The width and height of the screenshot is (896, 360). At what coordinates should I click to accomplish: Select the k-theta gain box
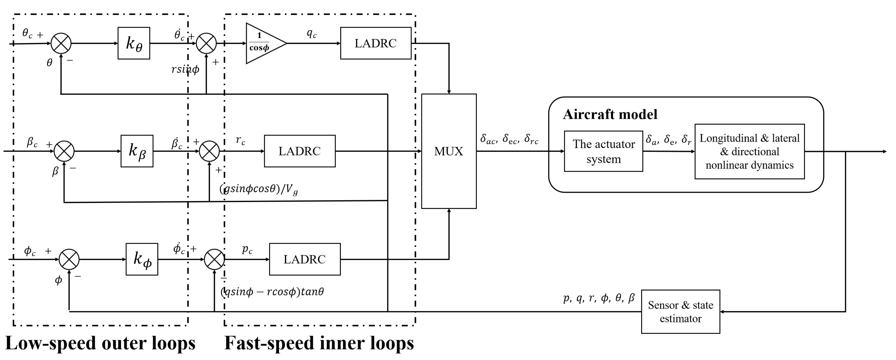[x=134, y=43]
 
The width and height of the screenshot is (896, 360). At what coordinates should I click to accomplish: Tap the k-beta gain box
[x=137, y=151]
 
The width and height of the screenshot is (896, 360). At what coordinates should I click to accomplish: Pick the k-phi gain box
[x=142, y=259]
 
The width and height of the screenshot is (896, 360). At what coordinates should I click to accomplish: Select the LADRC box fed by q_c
[x=376, y=43]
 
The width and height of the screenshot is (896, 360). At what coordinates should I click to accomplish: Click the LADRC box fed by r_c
[x=299, y=151]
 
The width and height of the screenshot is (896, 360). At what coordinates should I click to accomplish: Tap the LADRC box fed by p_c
[x=305, y=259]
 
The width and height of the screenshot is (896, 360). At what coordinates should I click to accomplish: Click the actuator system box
[x=603, y=151]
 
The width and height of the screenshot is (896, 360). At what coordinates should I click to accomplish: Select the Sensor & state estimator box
[x=680, y=312]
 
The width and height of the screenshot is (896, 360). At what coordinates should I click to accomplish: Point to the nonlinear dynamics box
[x=750, y=151]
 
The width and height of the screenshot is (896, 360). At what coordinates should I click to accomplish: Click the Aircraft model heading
[x=610, y=114]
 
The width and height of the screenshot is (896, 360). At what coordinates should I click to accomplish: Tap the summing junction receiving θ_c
[x=61, y=43]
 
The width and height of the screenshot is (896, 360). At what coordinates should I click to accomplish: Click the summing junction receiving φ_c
[x=69, y=259]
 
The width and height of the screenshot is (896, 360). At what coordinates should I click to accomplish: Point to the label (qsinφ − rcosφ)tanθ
[x=272, y=292]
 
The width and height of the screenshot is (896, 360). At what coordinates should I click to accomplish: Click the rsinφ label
[x=185, y=69]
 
